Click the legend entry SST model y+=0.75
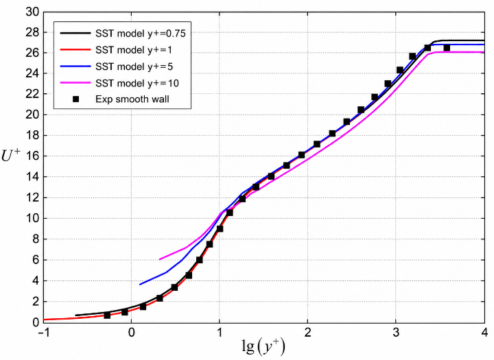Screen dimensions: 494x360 pyautogui.click(x=141, y=34)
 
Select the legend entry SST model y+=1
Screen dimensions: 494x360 pyautogui.click(x=134, y=50)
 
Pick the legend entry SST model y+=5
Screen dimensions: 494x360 pyautogui.click(x=134, y=67)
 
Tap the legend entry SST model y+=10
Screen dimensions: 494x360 pyautogui.click(x=137, y=83)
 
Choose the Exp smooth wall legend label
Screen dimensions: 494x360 pyautogui.click(x=132, y=99)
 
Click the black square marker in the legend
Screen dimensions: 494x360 pyautogui.click(x=75, y=99)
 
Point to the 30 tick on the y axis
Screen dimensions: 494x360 pyautogui.click(x=32, y=12)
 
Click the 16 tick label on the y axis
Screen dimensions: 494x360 pyautogui.click(x=32, y=156)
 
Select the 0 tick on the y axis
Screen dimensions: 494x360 pyautogui.click(x=36, y=322)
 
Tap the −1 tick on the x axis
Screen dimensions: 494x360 pyautogui.click(x=44, y=333)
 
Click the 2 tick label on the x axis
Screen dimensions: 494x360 pyautogui.click(x=307, y=333)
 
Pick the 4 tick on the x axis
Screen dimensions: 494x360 pyautogui.click(x=484, y=333)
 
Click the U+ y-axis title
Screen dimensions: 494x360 pyautogui.click(x=11, y=155)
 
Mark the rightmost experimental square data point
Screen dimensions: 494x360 pyautogui.click(x=447, y=48)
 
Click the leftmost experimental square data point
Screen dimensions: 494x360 pyautogui.click(x=107, y=315)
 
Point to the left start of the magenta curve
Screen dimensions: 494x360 pyautogui.click(x=160, y=259)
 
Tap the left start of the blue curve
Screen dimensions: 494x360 pyautogui.click(x=140, y=285)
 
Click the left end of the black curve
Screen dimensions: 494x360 pyautogui.click(x=75, y=315)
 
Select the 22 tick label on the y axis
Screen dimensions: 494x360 pyautogui.click(x=32, y=94)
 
